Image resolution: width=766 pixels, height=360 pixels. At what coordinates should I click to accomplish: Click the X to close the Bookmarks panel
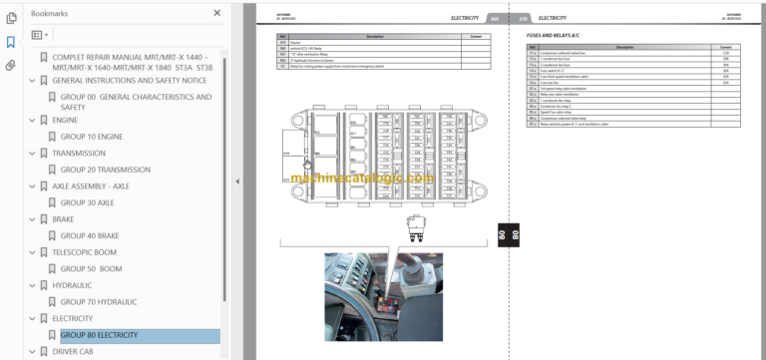(217, 13)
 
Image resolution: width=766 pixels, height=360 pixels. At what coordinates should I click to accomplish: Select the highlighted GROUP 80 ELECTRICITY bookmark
(99, 336)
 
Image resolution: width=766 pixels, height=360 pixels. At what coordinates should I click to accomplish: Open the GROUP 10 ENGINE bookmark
(91, 136)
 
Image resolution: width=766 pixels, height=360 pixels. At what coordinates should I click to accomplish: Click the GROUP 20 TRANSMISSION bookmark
(104, 170)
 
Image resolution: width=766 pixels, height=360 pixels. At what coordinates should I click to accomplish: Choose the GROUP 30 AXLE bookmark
(87, 202)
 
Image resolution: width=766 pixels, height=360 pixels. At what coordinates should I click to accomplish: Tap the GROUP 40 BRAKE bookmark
(90, 235)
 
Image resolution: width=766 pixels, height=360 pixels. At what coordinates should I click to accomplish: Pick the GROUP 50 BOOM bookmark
(91, 268)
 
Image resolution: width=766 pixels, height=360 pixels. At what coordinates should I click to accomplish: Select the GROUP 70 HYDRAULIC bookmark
(100, 301)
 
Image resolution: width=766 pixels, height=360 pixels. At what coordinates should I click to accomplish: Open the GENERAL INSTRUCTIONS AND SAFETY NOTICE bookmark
(129, 80)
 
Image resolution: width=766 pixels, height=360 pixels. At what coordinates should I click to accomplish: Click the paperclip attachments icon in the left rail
(11, 66)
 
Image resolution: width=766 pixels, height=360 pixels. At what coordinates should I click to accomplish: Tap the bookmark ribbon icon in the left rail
(11, 42)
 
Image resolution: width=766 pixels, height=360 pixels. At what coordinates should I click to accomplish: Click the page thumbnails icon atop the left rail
(11, 17)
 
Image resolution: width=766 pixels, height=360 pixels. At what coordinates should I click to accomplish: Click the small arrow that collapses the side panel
(236, 180)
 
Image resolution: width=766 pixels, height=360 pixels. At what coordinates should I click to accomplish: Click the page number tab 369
(497, 18)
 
